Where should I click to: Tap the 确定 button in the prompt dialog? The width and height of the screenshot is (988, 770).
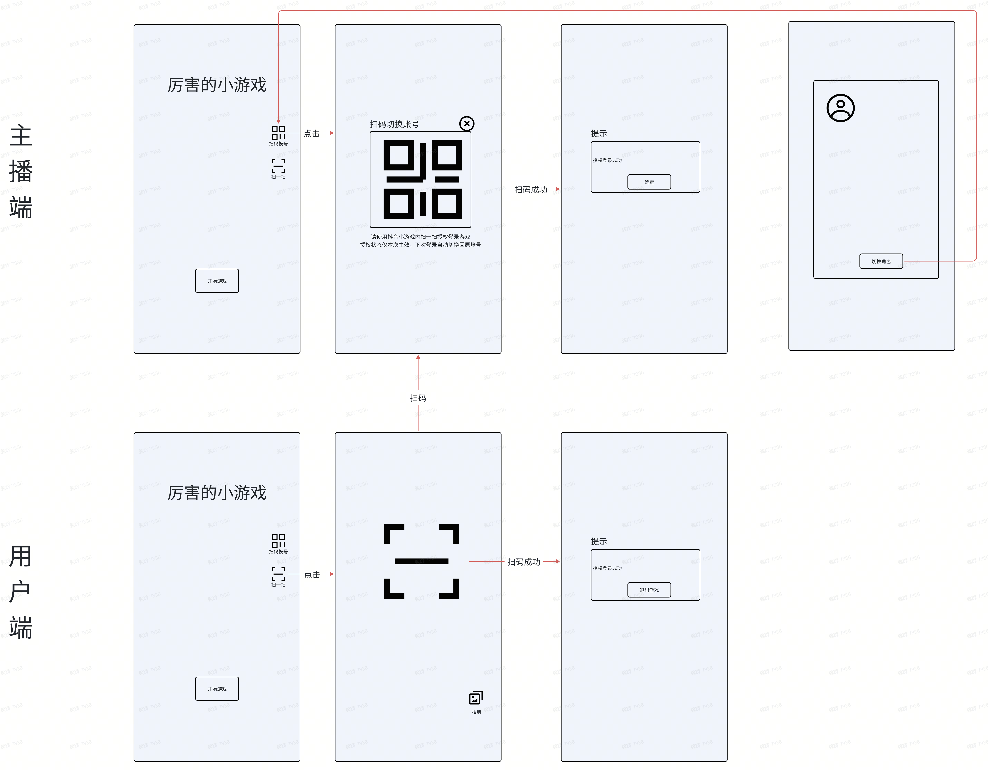coord(649,182)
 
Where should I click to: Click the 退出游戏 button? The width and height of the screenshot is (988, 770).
coord(649,590)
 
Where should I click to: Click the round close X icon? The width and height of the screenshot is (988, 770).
coord(466,124)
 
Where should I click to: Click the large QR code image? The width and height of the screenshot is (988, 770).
coord(423,179)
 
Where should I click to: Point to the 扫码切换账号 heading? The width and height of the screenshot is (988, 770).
coord(394,124)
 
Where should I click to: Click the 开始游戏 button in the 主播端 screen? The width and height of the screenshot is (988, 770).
coord(217,281)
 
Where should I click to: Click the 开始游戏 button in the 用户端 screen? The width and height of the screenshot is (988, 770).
coord(217,689)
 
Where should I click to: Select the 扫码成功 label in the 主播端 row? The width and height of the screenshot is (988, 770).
coord(531,189)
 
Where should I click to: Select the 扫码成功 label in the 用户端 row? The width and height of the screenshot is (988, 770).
coord(523,562)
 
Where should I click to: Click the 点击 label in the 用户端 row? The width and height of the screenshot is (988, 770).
coord(312,574)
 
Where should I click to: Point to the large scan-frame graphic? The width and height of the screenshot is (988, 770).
coord(421,561)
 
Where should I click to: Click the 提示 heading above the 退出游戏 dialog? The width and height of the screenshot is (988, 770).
coord(599,541)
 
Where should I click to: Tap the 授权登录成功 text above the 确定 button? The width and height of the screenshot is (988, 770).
coord(607,160)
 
